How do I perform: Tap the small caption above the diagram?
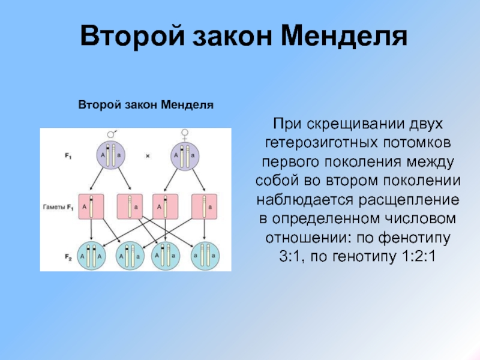146,105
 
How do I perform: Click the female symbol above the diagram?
184,135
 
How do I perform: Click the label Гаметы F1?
58,207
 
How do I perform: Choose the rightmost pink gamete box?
203,207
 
